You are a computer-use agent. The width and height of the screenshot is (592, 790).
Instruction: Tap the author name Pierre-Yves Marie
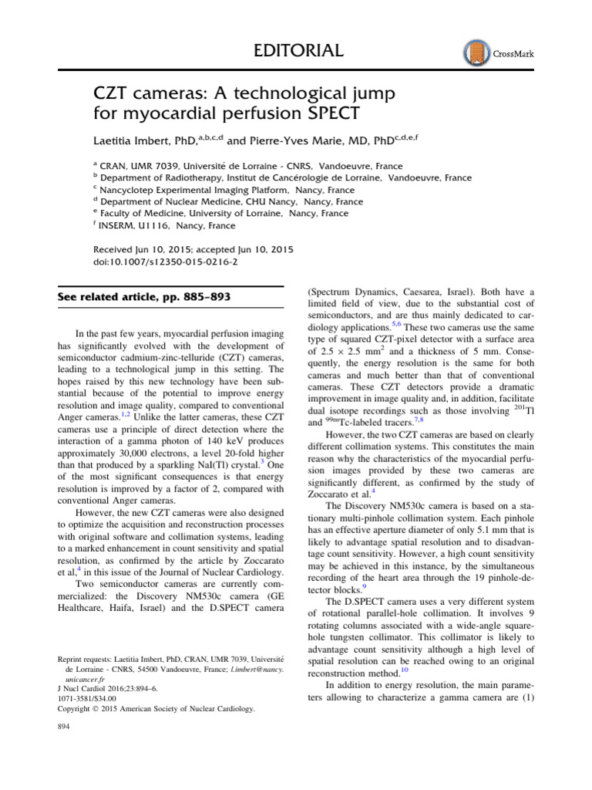tap(294, 141)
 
